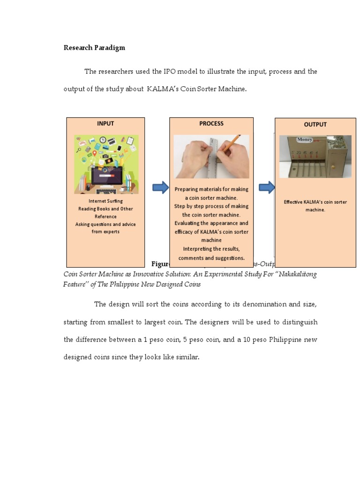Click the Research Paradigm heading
point(94,48)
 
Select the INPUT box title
point(105,124)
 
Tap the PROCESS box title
point(211,124)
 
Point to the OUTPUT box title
point(315,125)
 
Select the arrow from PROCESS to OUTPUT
point(267,188)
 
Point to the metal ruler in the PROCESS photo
point(212,157)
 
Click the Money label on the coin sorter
point(304,140)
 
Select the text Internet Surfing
point(105,201)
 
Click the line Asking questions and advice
point(105,224)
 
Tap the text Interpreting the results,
point(211,249)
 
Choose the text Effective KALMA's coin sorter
point(315,202)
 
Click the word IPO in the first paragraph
point(157,72)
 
